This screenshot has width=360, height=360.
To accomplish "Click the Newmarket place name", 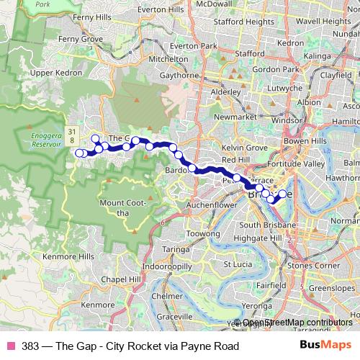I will tap(235, 117).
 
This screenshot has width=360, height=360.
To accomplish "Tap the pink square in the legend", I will tap(10, 346).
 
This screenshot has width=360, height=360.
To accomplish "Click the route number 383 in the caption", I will tap(31, 346).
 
